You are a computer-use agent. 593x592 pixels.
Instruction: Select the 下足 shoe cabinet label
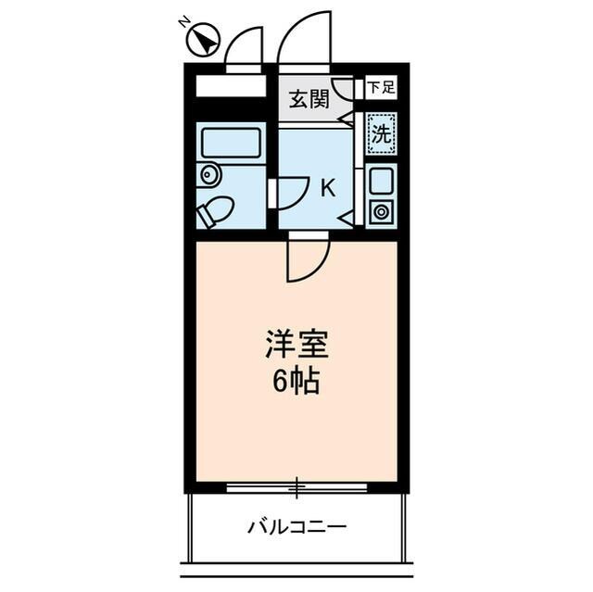coord(380,89)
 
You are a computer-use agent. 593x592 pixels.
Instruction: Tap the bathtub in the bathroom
coord(230,144)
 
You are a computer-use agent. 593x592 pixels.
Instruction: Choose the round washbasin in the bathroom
coord(208,173)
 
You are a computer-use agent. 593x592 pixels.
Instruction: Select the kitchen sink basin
coord(381,181)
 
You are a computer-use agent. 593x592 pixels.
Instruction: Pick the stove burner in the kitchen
coord(381,211)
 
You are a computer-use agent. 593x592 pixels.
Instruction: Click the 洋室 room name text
coord(296,346)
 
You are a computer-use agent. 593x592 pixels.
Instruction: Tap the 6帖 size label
coord(296,381)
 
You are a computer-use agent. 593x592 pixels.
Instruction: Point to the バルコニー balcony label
coord(296,527)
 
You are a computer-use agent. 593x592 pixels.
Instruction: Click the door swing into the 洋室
coord(306,259)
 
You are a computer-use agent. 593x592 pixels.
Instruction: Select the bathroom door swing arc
coord(286,192)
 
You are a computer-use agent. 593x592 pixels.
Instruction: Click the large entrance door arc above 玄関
coord(305,39)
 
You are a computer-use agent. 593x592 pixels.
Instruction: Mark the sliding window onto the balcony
coord(296,485)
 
